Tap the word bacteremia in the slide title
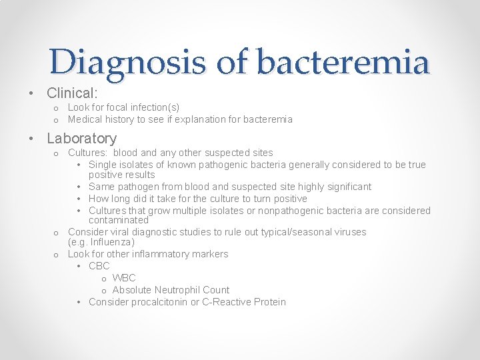[343, 62]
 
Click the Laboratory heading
[81, 139]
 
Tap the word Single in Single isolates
[103, 165]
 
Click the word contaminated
[119, 220]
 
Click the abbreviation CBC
[99, 266]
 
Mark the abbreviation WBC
[124, 278]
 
